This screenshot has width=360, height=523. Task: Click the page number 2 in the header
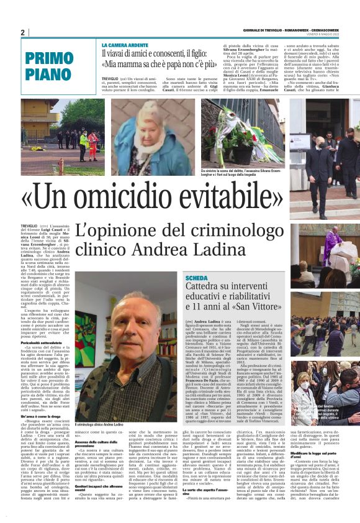click(23, 32)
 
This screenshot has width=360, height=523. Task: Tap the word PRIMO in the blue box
click(50, 59)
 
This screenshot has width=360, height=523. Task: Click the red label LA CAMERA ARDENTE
click(124, 45)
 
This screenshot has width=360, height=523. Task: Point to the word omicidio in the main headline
click(124, 199)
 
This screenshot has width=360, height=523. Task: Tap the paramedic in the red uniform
click(92, 144)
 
